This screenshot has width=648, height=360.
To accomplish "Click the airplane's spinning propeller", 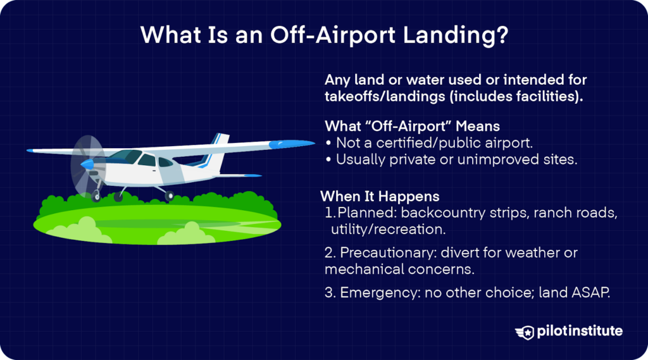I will (x=86, y=163).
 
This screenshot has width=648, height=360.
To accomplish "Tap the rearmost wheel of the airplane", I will (x=169, y=196).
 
